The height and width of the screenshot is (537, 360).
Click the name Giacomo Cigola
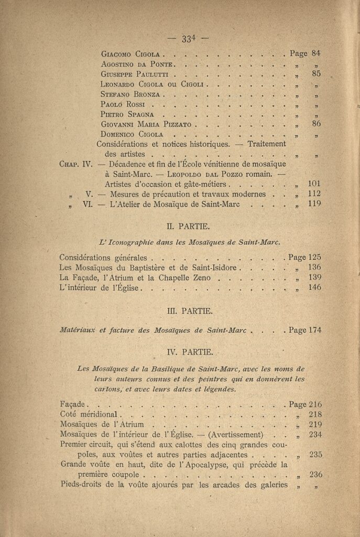coord(132,53)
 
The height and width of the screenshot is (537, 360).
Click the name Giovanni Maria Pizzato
coord(147,124)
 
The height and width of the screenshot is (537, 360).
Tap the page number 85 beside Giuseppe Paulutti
coord(316,74)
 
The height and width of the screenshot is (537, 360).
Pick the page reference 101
coord(314,184)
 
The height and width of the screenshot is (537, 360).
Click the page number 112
coord(314,194)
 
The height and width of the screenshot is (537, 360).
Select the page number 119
coord(314,204)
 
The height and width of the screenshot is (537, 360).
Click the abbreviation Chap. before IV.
coord(70,164)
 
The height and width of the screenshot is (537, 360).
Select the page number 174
coord(314,330)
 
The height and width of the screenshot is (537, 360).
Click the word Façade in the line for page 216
coord(73,404)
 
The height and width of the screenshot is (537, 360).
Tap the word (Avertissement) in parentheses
coord(235,435)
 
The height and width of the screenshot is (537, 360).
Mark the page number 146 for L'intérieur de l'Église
coord(314,287)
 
